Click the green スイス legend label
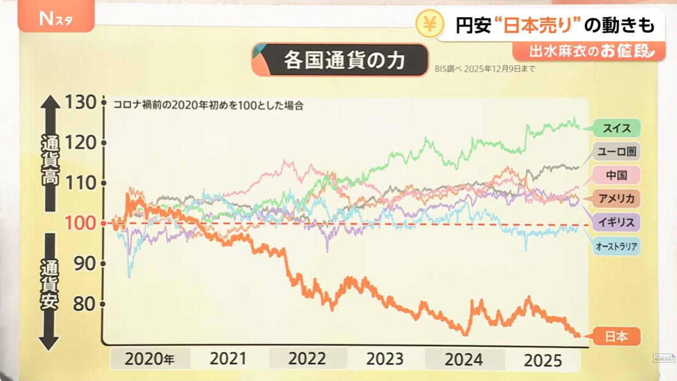[x=616, y=127]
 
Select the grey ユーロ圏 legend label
[x=616, y=152]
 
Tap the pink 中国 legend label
[x=616, y=175]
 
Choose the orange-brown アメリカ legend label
[x=616, y=199]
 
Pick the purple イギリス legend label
[x=616, y=222]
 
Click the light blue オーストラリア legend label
[x=616, y=246]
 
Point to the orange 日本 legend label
[x=616, y=336]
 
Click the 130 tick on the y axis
[x=81, y=103]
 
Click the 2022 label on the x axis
[x=307, y=359]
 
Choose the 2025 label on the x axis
[x=544, y=360]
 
